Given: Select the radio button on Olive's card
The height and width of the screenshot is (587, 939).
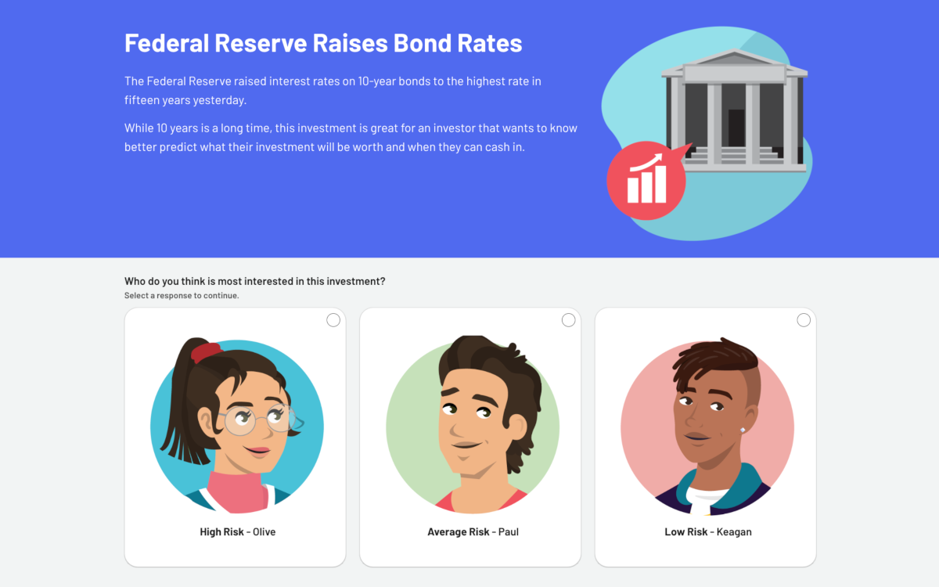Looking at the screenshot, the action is click(333, 320).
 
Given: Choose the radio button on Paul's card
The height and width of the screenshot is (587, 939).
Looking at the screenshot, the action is click(568, 320).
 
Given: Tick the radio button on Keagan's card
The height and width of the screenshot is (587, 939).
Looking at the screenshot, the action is click(804, 320).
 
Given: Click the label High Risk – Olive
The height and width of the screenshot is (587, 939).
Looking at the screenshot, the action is click(238, 531).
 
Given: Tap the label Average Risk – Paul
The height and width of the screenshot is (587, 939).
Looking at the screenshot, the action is click(473, 531).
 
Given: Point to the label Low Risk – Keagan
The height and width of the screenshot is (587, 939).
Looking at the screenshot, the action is click(708, 531).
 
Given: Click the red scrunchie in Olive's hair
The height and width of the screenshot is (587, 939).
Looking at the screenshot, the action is click(205, 351).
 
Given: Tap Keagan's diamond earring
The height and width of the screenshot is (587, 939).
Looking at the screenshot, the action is click(743, 430).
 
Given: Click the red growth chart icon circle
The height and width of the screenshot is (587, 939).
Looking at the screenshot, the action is click(646, 181).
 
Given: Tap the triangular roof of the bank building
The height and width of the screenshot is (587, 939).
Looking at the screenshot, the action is click(734, 56).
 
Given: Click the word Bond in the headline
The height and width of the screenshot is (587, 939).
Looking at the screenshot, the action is click(422, 43).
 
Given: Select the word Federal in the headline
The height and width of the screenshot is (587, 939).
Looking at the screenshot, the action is click(167, 43).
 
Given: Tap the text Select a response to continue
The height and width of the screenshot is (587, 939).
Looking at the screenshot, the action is click(182, 296).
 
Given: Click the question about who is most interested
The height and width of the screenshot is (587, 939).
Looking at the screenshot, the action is click(254, 281).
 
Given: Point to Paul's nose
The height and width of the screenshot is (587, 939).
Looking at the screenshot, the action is click(460, 427).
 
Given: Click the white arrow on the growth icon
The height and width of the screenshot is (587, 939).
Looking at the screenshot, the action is click(646, 163).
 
